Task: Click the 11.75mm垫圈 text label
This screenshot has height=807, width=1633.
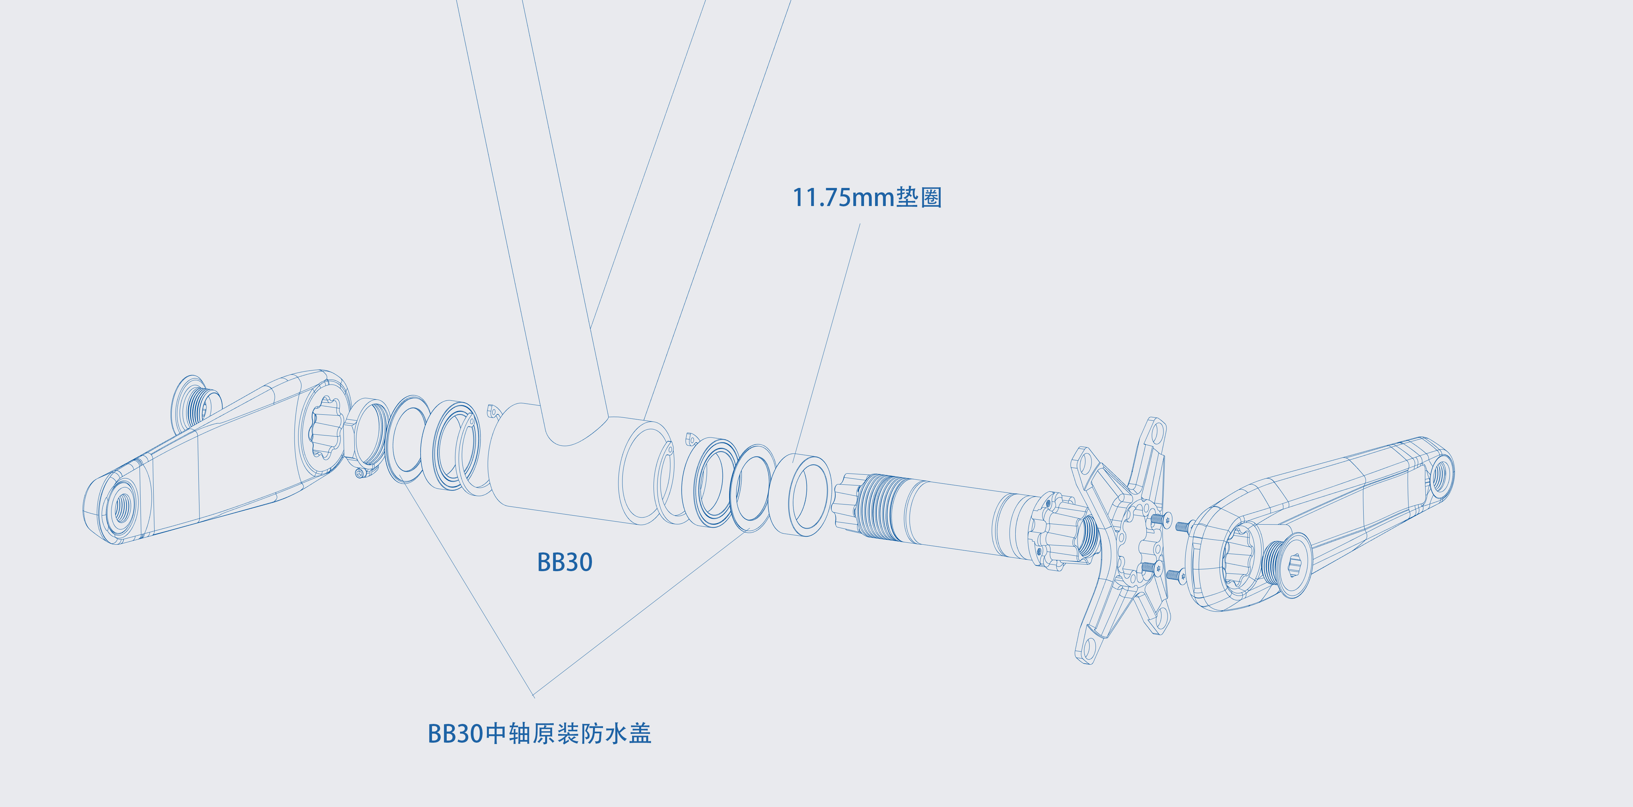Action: click(x=867, y=197)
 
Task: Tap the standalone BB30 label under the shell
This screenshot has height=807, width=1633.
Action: click(x=565, y=562)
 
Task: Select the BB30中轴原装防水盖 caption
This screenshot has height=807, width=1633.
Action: click(x=539, y=733)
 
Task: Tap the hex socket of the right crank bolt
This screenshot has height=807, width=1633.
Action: click(x=1293, y=563)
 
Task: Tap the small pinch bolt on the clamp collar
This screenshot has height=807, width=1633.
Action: click(x=361, y=473)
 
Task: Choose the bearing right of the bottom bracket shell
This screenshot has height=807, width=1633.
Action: click(x=710, y=482)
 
